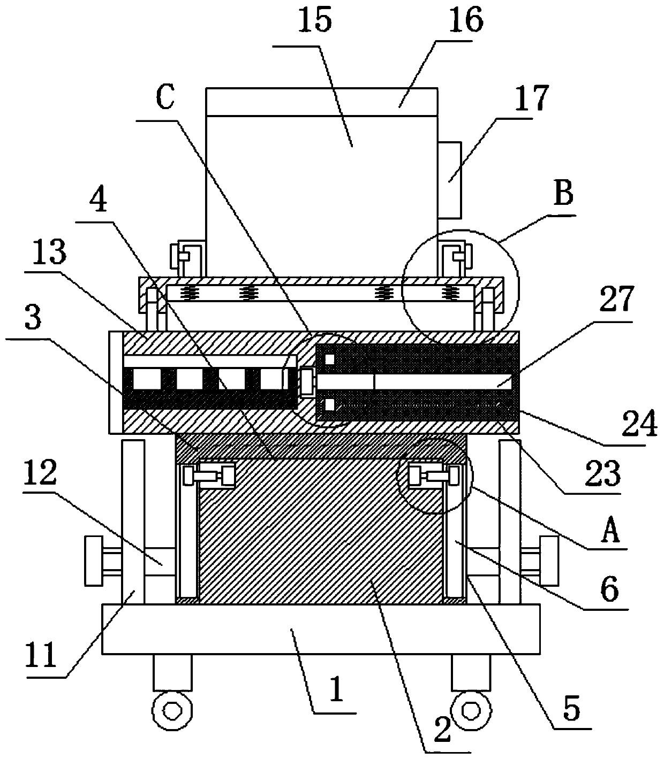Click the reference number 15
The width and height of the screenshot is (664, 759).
click(x=314, y=20)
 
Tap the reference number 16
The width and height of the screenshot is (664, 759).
click(x=466, y=19)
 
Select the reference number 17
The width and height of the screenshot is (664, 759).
click(x=532, y=98)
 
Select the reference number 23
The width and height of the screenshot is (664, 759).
click(x=602, y=473)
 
